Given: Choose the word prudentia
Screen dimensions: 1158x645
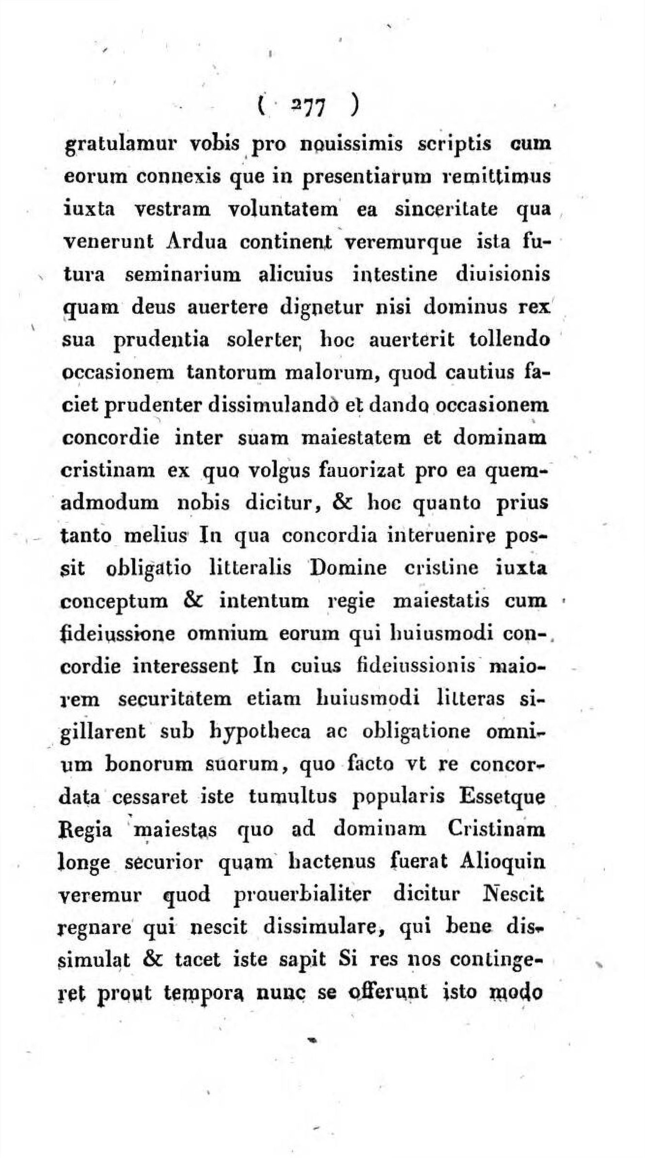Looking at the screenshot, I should (x=161, y=340).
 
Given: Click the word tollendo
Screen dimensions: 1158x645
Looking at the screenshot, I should (x=509, y=340).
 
